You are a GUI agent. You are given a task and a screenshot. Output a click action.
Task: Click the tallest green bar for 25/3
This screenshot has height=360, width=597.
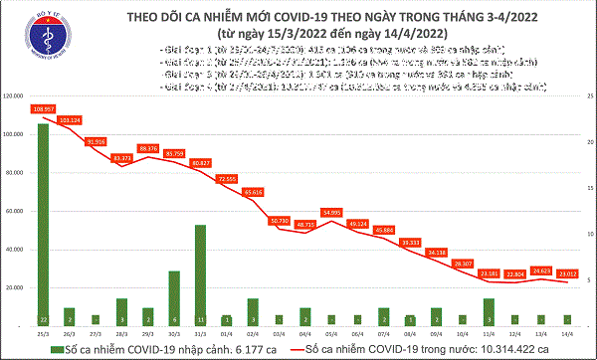(44, 224)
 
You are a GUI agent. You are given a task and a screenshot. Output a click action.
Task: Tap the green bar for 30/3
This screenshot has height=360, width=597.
(174, 297)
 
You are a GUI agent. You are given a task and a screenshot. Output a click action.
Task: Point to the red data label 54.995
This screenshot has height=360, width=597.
(330, 212)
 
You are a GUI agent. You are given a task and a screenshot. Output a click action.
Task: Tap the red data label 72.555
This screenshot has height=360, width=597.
(227, 178)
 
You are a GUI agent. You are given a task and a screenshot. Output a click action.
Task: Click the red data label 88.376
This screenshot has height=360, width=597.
(148, 147)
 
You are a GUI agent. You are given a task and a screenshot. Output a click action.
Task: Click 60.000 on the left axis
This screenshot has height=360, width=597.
(16, 211)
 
